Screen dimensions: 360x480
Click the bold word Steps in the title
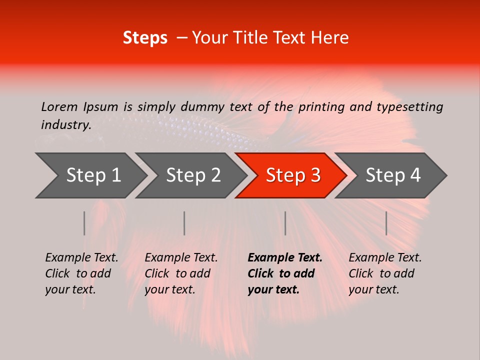(145, 38)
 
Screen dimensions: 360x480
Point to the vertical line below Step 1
(84, 223)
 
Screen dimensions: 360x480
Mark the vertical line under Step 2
(184, 223)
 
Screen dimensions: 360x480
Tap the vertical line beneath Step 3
(285, 223)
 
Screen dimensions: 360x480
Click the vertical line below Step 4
(386, 223)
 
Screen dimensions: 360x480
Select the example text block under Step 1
(81, 273)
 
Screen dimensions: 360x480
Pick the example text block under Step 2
(181, 273)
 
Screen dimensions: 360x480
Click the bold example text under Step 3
(285, 273)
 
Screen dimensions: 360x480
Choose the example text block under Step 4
(385, 273)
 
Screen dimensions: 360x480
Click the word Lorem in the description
(59, 106)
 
